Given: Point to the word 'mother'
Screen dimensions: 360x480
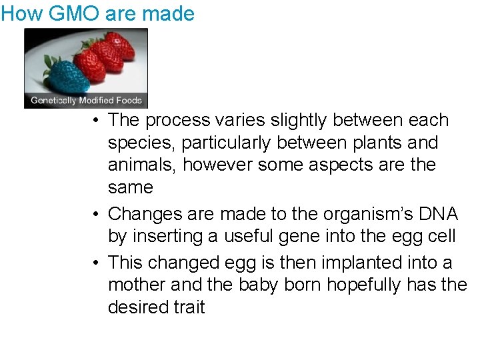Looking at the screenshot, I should pos(138,285).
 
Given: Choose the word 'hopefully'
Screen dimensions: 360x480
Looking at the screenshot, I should pos(365,285).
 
